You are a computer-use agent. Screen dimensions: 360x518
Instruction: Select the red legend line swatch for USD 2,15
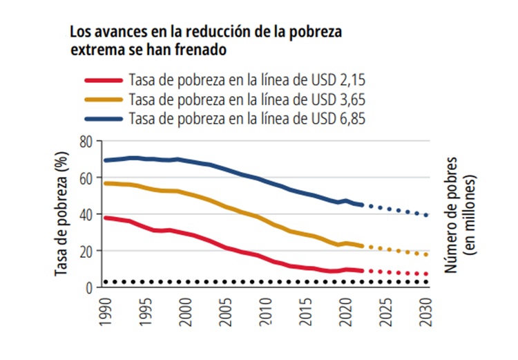[x=104, y=79]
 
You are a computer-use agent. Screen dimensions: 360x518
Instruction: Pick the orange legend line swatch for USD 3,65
[x=104, y=99]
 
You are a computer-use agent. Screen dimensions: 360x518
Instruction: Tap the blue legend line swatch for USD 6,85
[x=104, y=118]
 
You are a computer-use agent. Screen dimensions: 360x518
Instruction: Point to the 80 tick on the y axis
[x=86, y=142]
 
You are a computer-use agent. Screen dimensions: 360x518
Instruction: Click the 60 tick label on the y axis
[x=86, y=178]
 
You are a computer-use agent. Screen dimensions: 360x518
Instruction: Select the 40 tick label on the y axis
[x=86, y=215]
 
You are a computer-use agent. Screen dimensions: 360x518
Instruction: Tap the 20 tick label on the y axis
[x=86, y=251]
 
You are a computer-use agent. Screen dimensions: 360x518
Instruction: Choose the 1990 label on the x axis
[x=104, y=311]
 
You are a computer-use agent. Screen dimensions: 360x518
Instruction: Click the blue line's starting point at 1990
[x=105, y=160]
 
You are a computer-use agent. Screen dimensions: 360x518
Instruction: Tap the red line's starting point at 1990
[x=105, y=218]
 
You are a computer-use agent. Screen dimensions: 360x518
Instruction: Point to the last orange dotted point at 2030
[x=427, y=255]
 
